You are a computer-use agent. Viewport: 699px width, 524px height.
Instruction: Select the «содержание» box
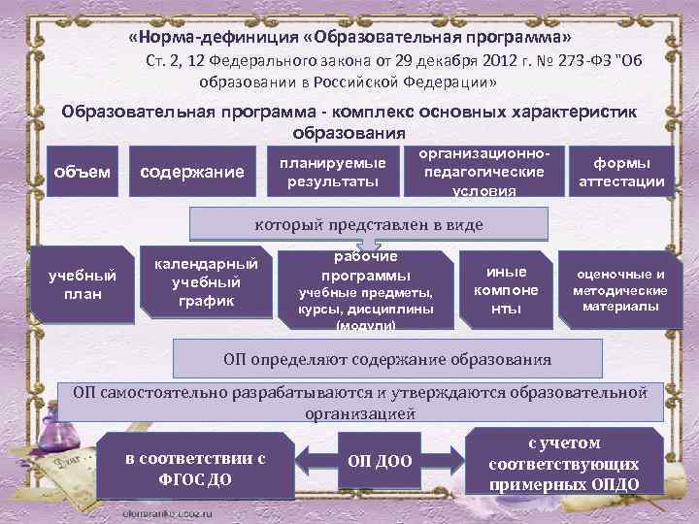pos(192,173)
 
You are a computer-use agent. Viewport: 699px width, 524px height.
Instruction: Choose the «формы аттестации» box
pos(621,172)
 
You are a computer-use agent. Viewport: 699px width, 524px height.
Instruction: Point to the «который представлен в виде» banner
pos(368,226)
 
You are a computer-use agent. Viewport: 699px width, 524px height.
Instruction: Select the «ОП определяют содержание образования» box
pos(400,358)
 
